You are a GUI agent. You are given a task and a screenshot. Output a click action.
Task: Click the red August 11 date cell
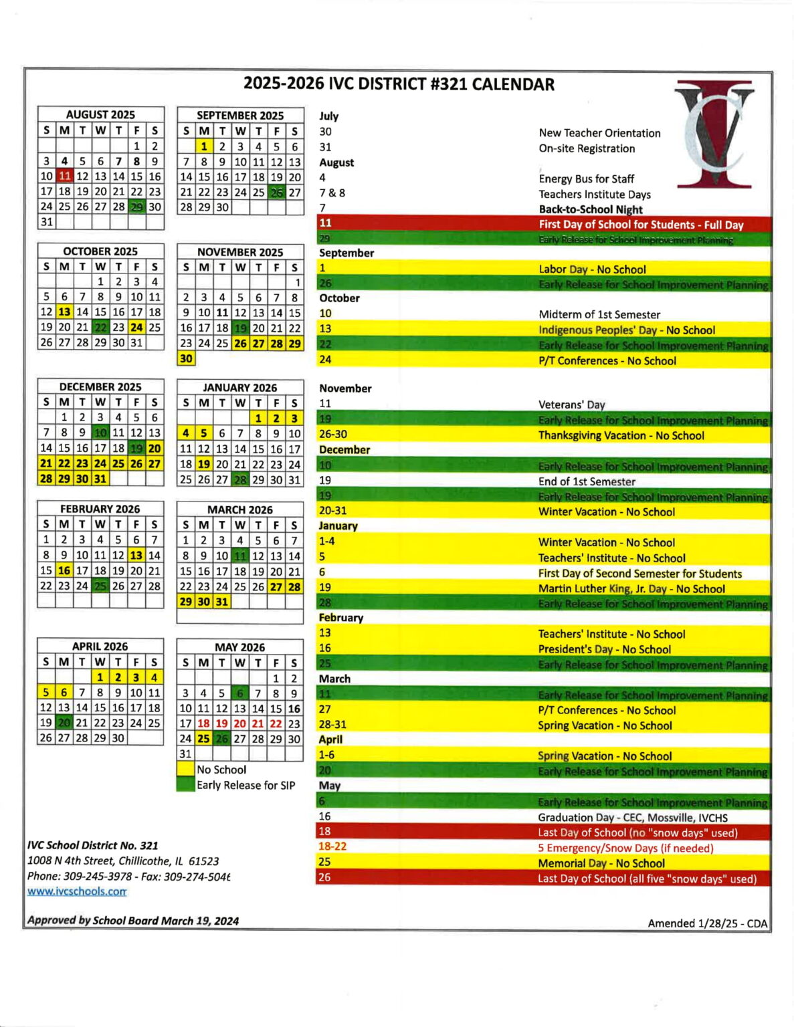point(64,176)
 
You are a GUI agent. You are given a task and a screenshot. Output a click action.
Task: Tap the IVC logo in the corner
point(714,134)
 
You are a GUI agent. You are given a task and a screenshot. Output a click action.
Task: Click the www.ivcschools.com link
point(77,891)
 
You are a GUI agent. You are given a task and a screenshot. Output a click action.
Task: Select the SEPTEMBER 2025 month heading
point(240,115)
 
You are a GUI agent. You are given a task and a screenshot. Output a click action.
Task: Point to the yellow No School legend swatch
point(185,770)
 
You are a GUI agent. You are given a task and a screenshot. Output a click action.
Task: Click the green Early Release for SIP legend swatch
point(185,785)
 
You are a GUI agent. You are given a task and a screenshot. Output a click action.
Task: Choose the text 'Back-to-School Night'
point(590,209)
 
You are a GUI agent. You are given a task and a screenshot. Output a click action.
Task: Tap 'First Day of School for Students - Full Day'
point(641,225)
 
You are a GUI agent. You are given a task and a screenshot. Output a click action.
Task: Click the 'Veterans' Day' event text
point(571,405)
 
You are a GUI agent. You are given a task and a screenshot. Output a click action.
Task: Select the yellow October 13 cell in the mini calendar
point(64,312)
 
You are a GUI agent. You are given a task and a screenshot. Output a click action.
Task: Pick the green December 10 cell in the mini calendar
point(100,433)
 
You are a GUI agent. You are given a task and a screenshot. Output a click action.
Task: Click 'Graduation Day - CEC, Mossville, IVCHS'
point(632,817)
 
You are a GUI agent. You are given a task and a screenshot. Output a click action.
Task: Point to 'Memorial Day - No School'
point(601,863)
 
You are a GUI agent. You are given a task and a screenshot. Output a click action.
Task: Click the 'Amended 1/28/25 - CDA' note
point(707,923)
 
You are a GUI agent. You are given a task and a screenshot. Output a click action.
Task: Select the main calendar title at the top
point(399,84)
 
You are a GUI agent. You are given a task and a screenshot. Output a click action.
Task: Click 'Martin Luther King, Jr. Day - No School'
point(631,589)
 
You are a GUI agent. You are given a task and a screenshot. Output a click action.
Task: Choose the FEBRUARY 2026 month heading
point(100,509)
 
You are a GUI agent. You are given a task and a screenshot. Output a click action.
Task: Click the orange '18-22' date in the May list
point(332,846)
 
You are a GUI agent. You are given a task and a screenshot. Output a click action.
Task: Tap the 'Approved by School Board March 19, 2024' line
point(132,921)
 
